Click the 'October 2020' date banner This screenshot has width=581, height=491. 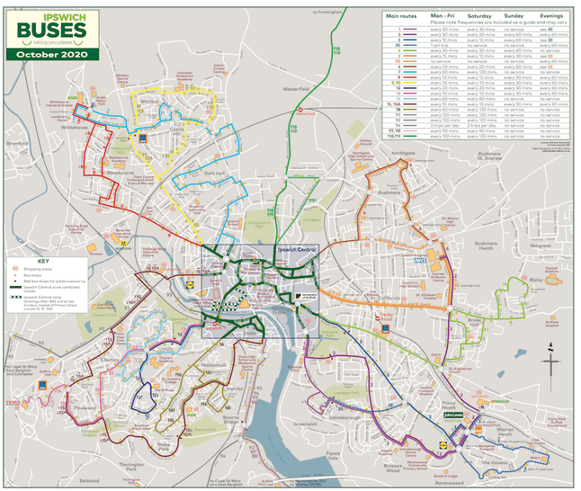pos(50,55)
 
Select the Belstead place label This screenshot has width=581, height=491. pos(89,480)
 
